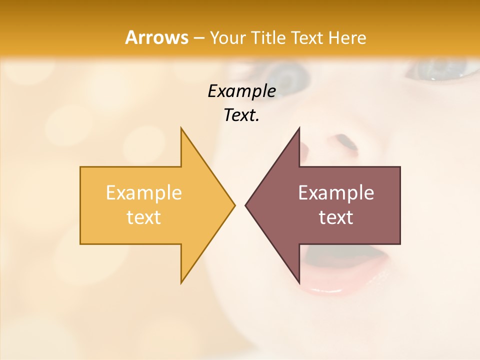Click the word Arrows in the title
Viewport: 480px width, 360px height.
156,37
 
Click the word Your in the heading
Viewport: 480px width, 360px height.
227,37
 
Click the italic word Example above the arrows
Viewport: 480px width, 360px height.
241,91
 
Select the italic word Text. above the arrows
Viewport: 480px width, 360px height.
241,115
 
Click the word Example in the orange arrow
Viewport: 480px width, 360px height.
143,193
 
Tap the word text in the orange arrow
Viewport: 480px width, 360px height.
143,217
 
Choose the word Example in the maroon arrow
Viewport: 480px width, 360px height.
336,193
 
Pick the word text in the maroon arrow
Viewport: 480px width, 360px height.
336,217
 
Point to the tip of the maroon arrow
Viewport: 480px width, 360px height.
247,205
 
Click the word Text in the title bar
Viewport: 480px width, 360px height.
308,37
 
